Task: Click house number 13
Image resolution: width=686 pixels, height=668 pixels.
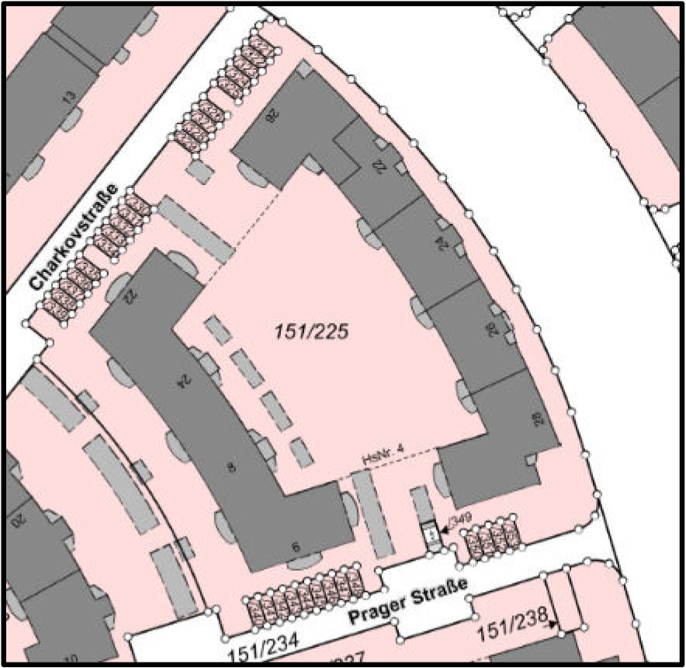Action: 69,99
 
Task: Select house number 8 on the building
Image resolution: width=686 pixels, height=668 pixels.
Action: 230,468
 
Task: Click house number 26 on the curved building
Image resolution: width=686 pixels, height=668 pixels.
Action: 490,329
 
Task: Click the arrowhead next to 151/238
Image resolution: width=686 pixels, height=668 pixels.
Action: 553,623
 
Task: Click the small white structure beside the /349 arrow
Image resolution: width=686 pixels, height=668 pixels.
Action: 429,535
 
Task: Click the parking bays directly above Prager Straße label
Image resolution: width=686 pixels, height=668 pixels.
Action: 304,597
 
